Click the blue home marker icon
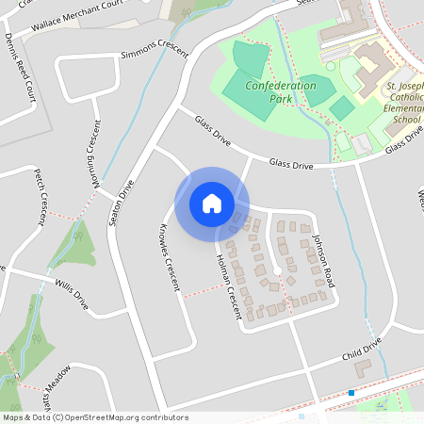click(x=212, y=204)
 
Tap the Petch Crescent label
click(x=41, y=197)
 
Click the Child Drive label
click(x=361, y=352)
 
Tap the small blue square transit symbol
click(x=351, y=392)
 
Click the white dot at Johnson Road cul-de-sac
click(x=278, y=272)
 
